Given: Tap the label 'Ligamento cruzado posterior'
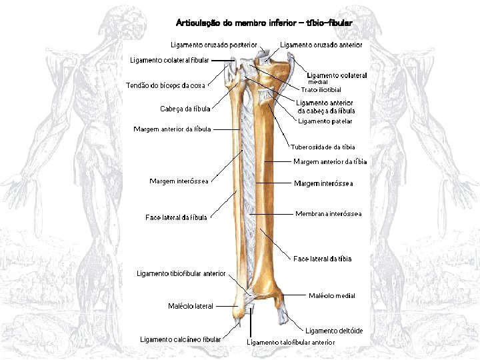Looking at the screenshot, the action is pos(214,45).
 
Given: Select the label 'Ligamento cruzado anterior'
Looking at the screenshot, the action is pos(321,45).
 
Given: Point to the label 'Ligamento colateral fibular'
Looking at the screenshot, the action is pos(169,60).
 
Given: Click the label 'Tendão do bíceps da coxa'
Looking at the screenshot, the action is pos(165,85).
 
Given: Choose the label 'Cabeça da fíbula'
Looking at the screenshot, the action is pos(185,109).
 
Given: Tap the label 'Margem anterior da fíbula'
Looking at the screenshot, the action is pos(172,129).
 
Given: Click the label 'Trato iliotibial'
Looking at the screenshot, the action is pos(321,89).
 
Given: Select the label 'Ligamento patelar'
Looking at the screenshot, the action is pos(325,121).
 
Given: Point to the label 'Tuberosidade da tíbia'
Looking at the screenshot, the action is pos(323,147).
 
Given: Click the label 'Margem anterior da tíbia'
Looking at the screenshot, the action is pos(330,161).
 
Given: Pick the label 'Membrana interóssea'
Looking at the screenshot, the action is pos(328,214).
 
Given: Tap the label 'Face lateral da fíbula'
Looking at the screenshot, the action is pos(176,217).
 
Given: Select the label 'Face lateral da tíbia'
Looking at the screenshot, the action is pos(322,259).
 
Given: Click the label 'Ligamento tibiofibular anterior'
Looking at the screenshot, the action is pos(181,274).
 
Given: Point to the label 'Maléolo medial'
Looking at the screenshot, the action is pos(331,295).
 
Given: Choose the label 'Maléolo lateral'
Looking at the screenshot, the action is pos(191,307).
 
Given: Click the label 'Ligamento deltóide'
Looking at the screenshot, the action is pos(334,331).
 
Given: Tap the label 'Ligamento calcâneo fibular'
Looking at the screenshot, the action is pos(180,339).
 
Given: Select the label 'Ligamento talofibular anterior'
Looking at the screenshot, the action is pos(291,342).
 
